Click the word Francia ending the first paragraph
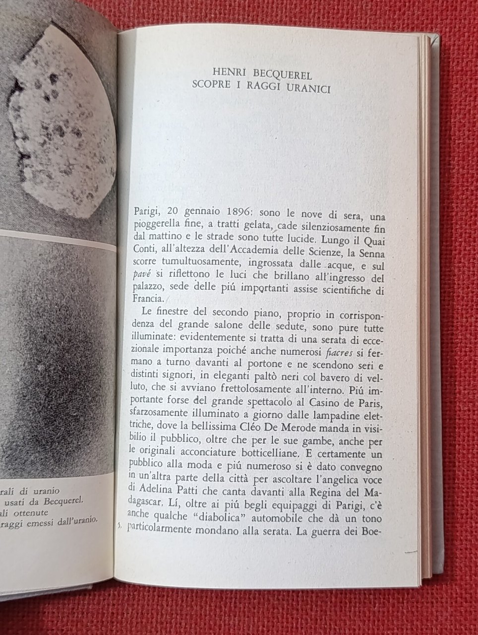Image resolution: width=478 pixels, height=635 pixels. pyautogui.click(x=149, y=300)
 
